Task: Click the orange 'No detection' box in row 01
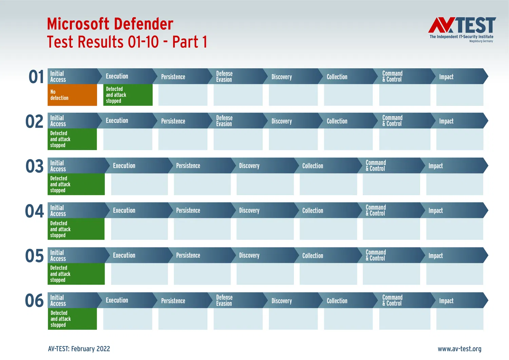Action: (x=72, y=95)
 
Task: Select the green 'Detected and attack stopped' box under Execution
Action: (x=128, y=95)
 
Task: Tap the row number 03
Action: (x=35, y=166)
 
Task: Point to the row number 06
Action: (x=34, y=301)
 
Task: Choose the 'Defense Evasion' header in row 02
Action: (x=224, y=121)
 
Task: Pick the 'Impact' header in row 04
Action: (x=436, y=211)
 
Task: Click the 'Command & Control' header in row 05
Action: (x=376, y=255)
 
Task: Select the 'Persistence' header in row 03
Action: (x=188, y=166)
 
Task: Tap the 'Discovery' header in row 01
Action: (x=282, y=77)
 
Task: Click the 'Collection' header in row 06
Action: (x=337, y=301)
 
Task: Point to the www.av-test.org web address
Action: (x=459, y=349)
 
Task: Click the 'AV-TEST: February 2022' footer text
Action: (x=79, y=349)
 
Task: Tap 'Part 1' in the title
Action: (x=190, y=42)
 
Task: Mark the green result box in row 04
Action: (x=76, y=229)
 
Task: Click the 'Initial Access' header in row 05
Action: (x=58, y=255)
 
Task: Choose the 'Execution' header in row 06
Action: (x=117, y=300)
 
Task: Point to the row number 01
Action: (x=36, y=77)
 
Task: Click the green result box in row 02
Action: (x=72, y=139)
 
